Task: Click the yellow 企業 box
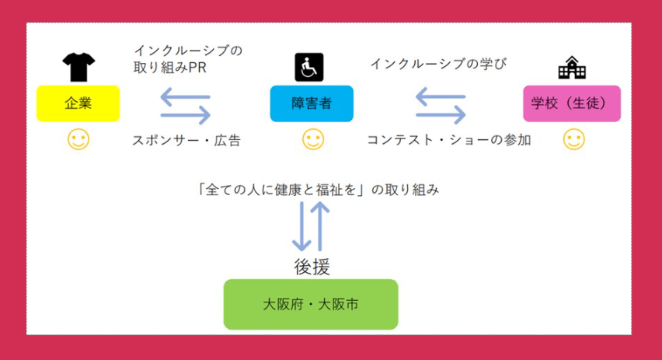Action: click(x=78, y=103)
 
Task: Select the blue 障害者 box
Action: click(x=312, y=103)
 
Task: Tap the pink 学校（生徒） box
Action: click(x=572, y=103)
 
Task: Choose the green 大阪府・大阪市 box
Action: click(x=311, y=304)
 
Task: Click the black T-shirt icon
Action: click(x=78, y=68)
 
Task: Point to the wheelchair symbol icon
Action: click(x=308, y=68)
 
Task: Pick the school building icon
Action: click(x=572, y=68)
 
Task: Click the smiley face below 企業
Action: click(x=78, y=140)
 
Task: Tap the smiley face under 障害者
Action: click(x=312, y=140)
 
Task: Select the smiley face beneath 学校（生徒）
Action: click(x=573, y=140)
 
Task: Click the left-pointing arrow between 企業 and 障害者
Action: click(x=185, y=97)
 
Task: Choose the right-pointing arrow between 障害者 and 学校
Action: click(x=441, y=115)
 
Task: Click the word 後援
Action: click(x=312, y=267)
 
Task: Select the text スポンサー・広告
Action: click(x=186, y=141)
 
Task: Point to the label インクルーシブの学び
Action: click(x=438, y=63)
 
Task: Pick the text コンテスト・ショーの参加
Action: click(x=448, y=141)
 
